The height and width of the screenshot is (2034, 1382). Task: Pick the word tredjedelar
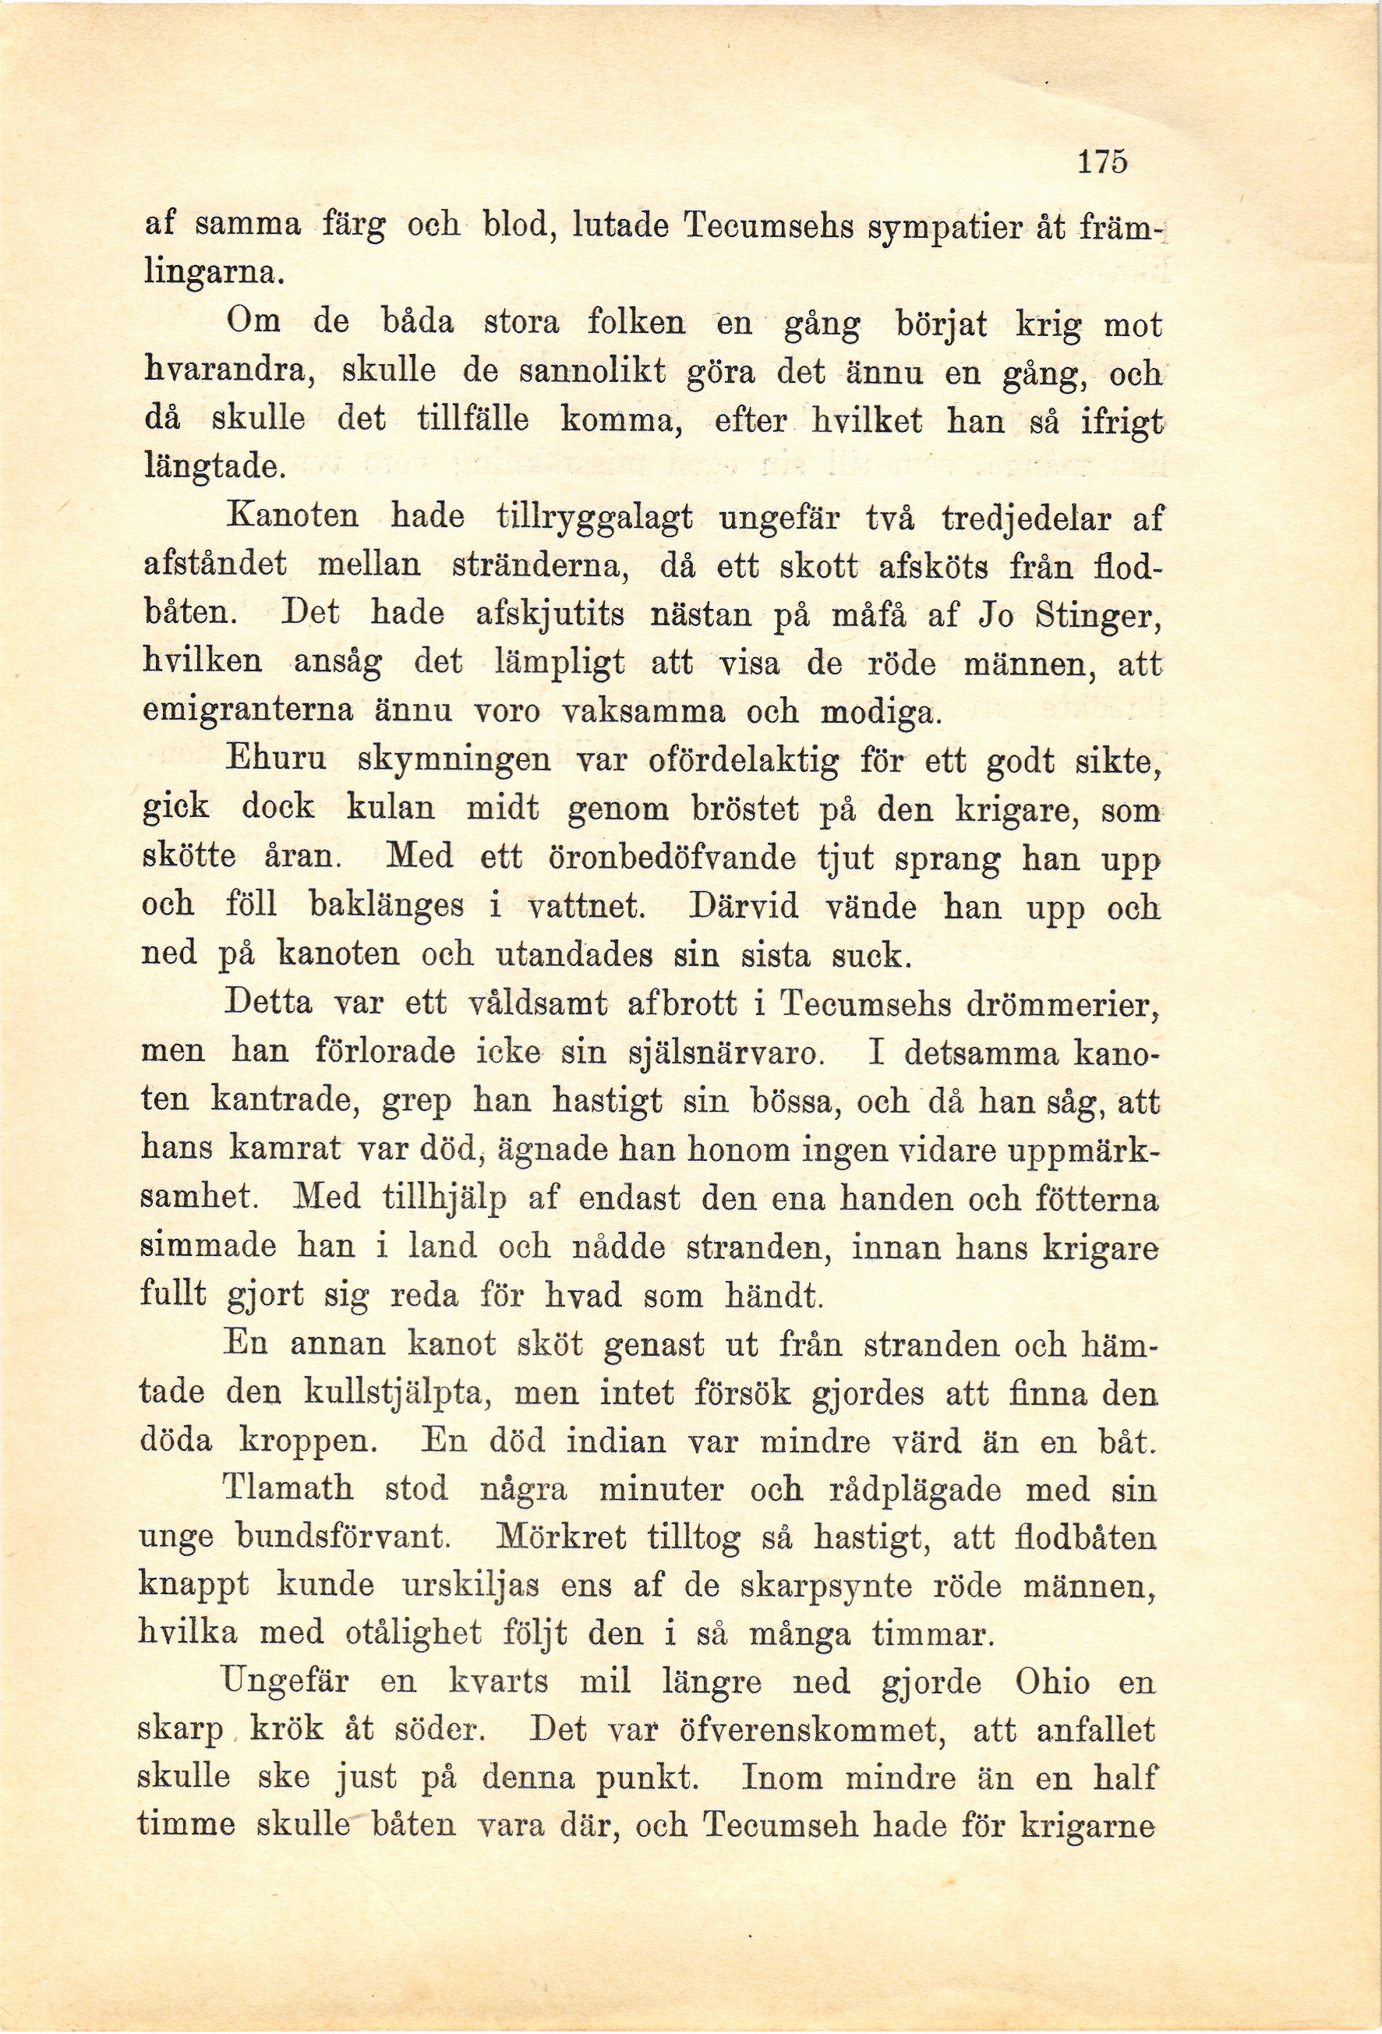tap(1026, 518)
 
